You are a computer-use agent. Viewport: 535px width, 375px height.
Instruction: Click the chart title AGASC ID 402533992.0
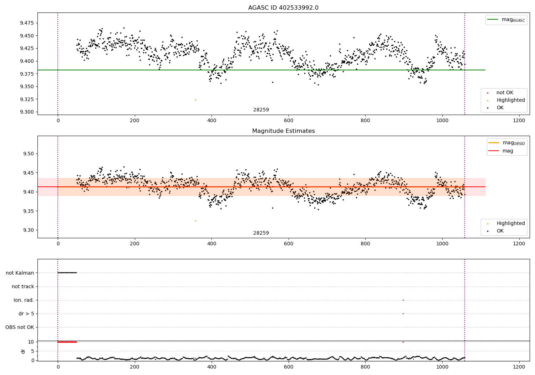tap(283, 8)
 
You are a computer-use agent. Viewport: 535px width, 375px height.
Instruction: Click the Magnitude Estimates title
tap(283, 131)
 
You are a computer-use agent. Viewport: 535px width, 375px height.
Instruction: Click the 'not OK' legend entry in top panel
tap(504, 93)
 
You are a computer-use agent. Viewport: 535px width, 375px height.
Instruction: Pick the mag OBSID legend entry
tap(506, 143)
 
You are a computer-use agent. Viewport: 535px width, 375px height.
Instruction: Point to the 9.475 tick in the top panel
tap(27, 23)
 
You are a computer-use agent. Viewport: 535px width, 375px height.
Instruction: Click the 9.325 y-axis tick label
tap(27, 99)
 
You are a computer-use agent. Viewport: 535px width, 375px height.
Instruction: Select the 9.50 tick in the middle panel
tap(28, 154)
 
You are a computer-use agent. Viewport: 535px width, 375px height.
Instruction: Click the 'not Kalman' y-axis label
tap(20, 273)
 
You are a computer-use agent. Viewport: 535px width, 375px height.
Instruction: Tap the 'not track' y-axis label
tap(23, 286)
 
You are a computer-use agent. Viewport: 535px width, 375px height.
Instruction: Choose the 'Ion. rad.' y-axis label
tap(24, 300)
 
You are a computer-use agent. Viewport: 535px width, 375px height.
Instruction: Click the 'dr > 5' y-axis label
tap(26, 314)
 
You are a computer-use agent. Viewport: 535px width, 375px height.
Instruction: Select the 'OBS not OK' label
tap(20, 327)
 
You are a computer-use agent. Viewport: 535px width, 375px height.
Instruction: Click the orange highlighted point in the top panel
tap(195, 100)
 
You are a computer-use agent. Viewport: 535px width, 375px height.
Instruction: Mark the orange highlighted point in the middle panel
tap(195, 221)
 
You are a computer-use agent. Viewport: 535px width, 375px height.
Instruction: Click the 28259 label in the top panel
tap(261, 110)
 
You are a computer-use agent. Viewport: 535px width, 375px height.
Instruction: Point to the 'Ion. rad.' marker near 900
tap(403, 300)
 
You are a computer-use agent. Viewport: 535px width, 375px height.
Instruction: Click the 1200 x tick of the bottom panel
tap(519, 366)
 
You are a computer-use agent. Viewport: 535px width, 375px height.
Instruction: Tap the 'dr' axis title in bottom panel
tap(23, 351)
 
